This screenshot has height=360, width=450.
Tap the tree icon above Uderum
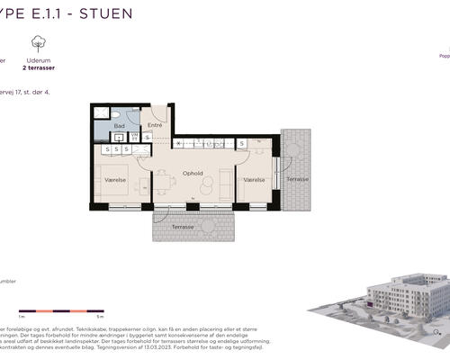(x=38, y=42)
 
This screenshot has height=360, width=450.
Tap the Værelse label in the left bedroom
(x=115, y=180)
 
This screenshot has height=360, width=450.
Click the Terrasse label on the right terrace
(x=297, y=178)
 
